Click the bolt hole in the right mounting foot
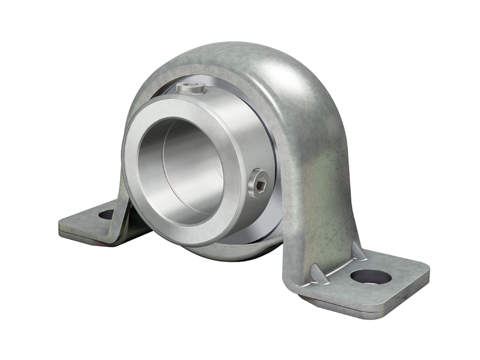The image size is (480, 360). point(371,277)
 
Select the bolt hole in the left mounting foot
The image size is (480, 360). point(106,214)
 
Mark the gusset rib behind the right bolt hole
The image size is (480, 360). point(359,251)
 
